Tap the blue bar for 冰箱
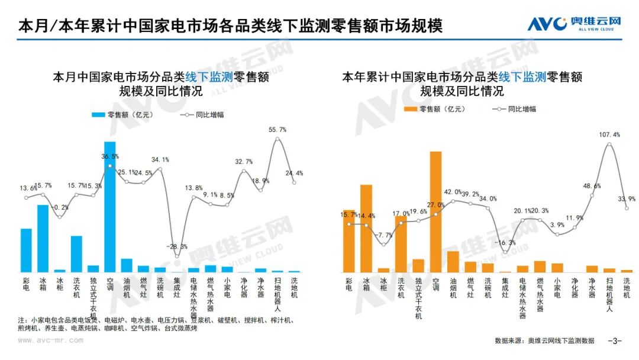coord(43,238)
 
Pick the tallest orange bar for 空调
coord(435,211)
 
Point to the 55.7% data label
coord(277,129)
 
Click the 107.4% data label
coord(609,134)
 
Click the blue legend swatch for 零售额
coord(98,115)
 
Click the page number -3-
coord(615,340)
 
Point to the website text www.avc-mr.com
coord(50,340)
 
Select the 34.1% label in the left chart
coord(160,159)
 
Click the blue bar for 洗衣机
coord(76,253)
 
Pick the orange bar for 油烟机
coord(453,261)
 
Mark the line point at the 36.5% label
coord(110,166)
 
